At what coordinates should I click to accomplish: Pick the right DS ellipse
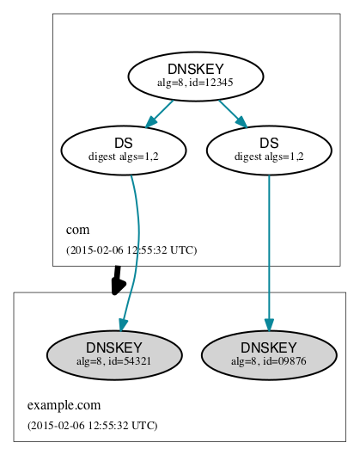pos(269,150)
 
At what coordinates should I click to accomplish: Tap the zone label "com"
pos(77,231)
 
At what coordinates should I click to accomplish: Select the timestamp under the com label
pos(131,250)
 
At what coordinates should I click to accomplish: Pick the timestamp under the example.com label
pos(93,425)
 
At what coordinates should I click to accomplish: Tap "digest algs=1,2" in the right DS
pos(269,157)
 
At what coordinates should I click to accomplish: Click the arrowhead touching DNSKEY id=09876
pos(269,325)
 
